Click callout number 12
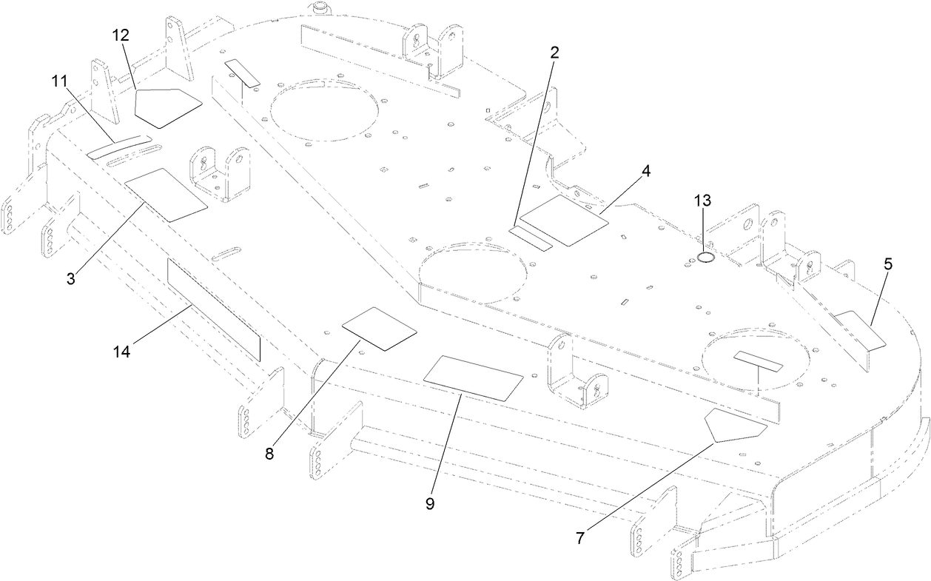coord(121,36)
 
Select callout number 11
coord(60,82)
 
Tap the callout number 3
coord(71,279)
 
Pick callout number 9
coord(430,503)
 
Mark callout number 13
coord(702,201)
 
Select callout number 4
coord(646,171)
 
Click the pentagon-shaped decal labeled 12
coord(167,104)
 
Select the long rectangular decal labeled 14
coord(214,310)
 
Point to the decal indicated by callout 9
coord(473,378)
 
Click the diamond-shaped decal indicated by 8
coord(380,328)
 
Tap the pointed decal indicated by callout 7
coord(733,425)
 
